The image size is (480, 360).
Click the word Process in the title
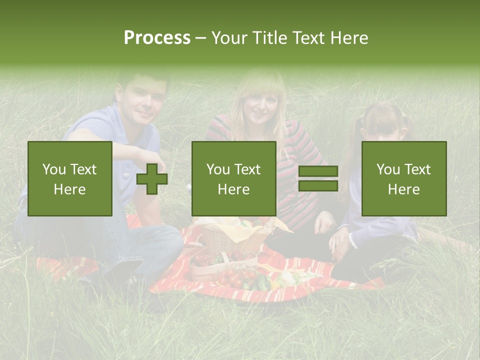pyautogui.click(x=157, y=38)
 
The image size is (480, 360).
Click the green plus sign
pyautogui.click(x=152, y=178)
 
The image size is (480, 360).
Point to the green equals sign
pyautogui.click(x=318, y=178)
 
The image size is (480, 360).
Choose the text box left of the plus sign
pyautogui.click(x=70, y=178)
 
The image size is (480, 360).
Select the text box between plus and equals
pyautogui.click(x=233, y=178)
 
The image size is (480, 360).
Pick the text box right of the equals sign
pyautogui.click(x=403, y=178)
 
